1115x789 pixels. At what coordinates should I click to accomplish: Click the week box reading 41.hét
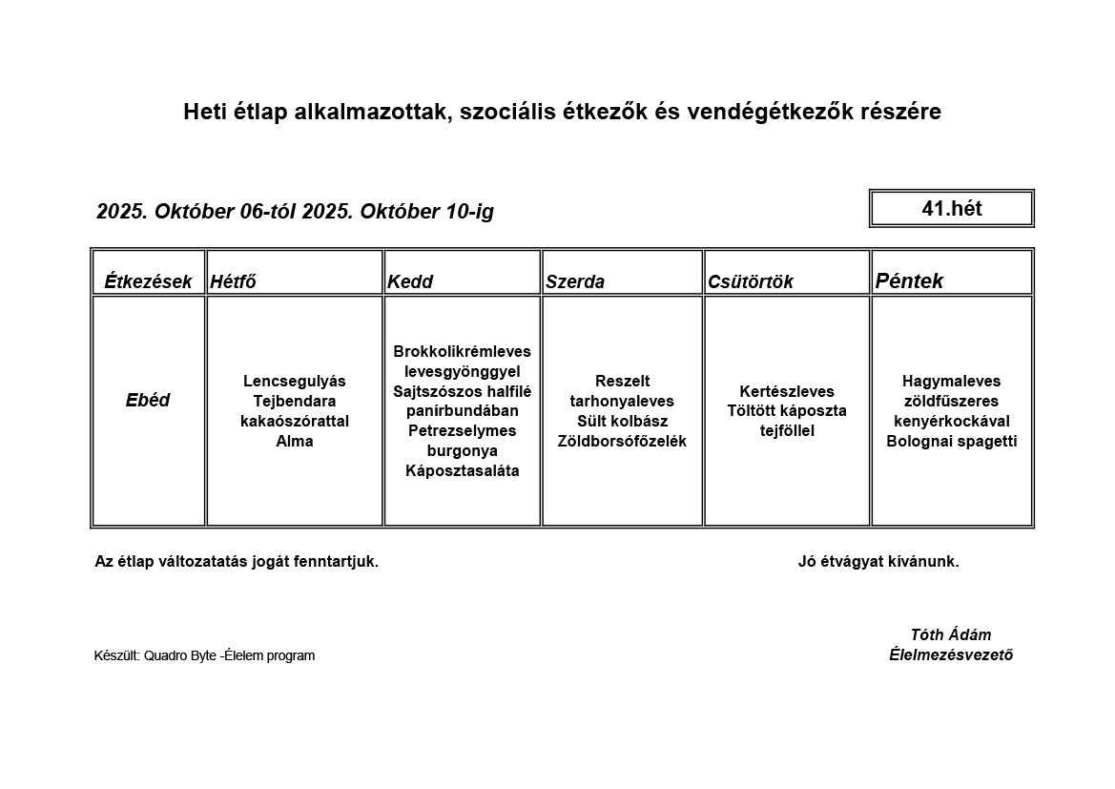pyautogui.click(x=951, y=208)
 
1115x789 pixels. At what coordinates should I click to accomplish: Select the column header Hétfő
pyautogui.click(x=233, y=281)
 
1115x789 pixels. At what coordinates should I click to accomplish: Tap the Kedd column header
pyautogui.click(x=410, y=281)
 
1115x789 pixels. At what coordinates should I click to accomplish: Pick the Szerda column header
pyautogui.click(x=575, y=281)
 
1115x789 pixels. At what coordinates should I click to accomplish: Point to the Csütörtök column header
pyautogui.click(x=751, y=281)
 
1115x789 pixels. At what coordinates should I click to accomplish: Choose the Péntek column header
pyautogui.click(x=909, y=280)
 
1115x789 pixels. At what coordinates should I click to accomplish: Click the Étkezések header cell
pyautogui.click(x=148, y=281)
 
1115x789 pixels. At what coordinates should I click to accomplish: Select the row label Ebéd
pyautogui.click(x=148, y=401)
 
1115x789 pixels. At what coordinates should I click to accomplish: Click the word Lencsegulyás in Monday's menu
pyautogui.click(x=295, y=381)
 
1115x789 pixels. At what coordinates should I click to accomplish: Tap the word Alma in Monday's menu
pyautogui.click(x=295, y=441)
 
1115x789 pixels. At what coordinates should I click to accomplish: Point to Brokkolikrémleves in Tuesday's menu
pyautogui.click(x=462, y=351)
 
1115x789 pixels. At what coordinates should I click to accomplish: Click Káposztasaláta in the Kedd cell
pyautogui.click(x=462, y=470)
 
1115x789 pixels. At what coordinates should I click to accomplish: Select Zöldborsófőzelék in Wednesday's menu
pyautogui.click(x=622, y=441)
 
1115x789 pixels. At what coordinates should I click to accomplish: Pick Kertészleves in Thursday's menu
pyautogui.click(x=787, y=391)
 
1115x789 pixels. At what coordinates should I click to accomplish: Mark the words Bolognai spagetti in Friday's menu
pyautogui.click(x=951, y=441)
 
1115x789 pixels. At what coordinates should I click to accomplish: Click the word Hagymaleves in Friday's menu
pyautogui.click(x=951, y=381)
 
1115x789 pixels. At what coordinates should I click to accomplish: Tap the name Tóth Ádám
pyautogui.click(x=950, y=634)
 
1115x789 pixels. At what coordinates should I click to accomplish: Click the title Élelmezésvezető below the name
pyautogui.click(x=950, y=654)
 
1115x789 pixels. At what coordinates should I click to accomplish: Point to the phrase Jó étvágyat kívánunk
pyautogui.click(x=878, y=561)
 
